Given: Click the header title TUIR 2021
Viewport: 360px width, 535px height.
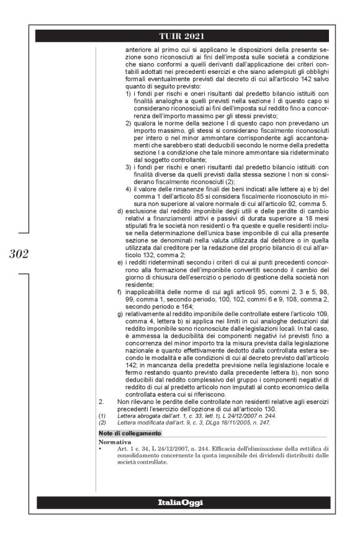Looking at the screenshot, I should (180, 35).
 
